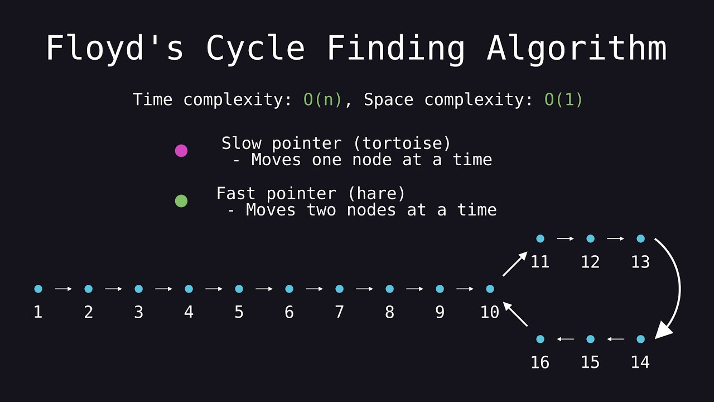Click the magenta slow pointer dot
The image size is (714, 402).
(x=181, y=151)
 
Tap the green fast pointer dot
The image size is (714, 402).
(x=181, y=201)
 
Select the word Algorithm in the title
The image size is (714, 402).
(x=577, y=49)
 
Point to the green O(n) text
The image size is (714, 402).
(x=322, y=100)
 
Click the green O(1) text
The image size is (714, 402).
(x=563, y=100)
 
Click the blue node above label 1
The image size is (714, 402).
(x=38, y=289)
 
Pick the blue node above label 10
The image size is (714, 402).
(x=490, y=289)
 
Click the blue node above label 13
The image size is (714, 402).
(x=640, y=238)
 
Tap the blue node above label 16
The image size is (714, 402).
(x=540, y=339)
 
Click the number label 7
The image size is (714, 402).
(x=339, y=312)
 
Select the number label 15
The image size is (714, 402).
(x=590, y=362)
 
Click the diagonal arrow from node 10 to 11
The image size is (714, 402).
(x=515, y=264)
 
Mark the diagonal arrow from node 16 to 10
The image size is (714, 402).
(x=515, y=314)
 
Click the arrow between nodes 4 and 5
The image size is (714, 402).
(x=214, y=289)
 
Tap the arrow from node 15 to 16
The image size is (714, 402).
(x=565, y=339)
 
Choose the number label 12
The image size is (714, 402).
(x=590, y=262)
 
